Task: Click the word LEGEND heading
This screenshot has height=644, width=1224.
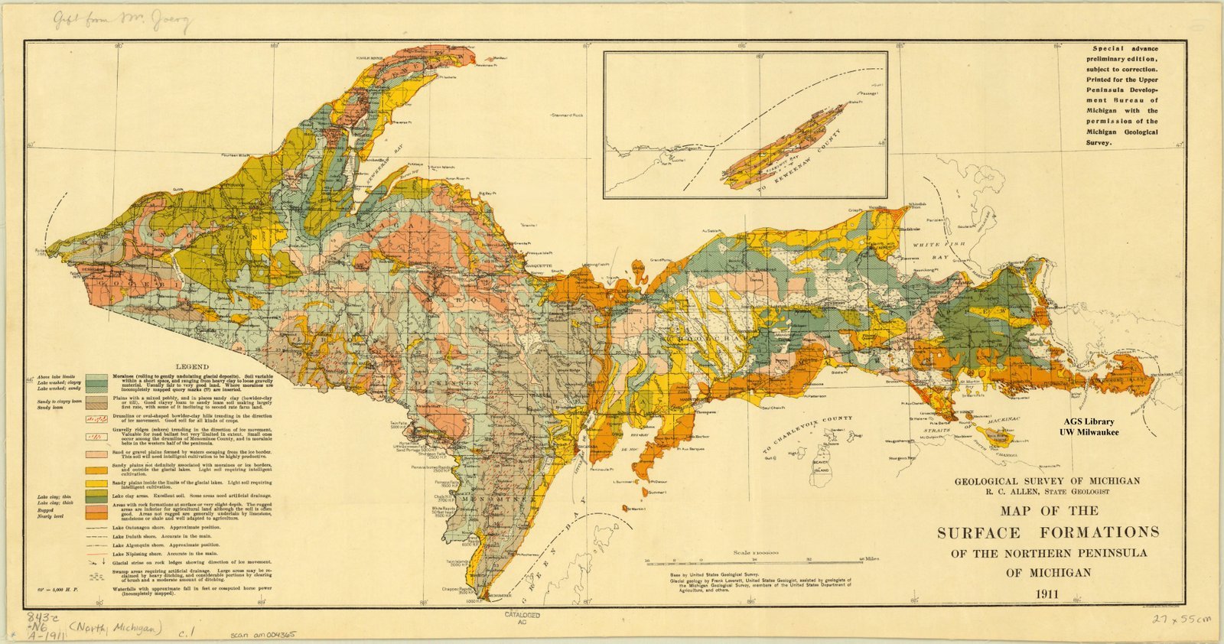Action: [192, 366]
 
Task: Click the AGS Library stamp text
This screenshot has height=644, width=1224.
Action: [1089, 421]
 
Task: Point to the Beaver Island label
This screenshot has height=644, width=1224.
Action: [820, 464]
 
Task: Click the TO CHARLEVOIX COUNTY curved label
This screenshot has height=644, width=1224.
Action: [807, 434]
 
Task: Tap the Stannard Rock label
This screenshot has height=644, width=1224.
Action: [567, 115]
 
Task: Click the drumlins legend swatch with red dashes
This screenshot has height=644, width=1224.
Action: [96, 419]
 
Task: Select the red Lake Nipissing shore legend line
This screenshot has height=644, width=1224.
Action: [96, 553]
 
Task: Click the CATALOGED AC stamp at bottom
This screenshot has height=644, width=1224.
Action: [522, 618]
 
